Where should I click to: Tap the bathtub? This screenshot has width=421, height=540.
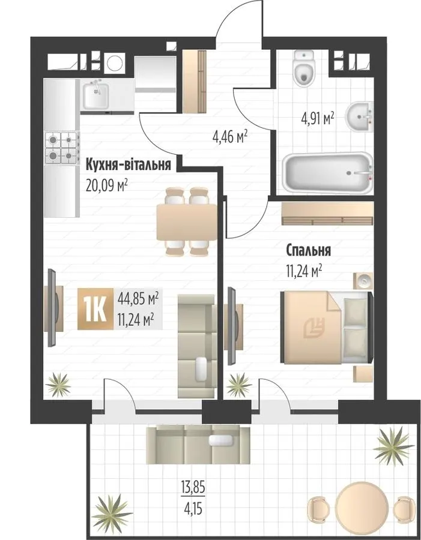click(x=327, y=172)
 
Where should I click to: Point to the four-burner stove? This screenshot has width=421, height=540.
click(x=62, y=148)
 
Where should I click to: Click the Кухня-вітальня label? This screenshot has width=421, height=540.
click(x=129, y=164)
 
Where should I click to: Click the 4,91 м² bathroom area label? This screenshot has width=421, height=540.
click(x=318, y=119)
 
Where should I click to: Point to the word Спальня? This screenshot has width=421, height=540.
click(x=309, y=250)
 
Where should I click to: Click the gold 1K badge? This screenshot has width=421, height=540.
click(x=95, y=309)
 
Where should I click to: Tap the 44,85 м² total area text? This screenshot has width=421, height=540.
click(x=138, y=297)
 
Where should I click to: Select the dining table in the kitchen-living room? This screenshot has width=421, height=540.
click(x=187, y=222)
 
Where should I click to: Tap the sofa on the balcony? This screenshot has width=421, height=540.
click(x=198, y=445)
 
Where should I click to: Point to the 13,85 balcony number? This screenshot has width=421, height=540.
click(x=193, y=488)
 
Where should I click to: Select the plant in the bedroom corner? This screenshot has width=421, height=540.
click(x=238, y=385)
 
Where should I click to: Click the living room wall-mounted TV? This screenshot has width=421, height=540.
click(x=52, y=308)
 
